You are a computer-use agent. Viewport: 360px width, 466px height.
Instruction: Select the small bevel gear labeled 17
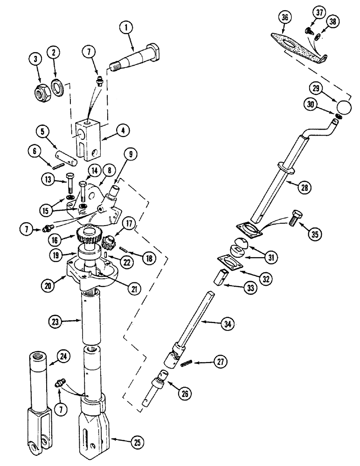[x=110, y=243]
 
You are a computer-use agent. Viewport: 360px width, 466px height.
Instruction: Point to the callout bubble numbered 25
[x=137, y=440]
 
